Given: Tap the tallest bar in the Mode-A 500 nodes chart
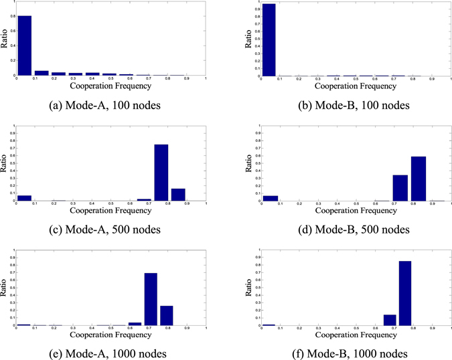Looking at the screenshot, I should point(161,173).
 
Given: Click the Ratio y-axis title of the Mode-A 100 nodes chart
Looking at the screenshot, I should point(5,41).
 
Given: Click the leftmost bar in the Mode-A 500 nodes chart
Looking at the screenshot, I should point(24,198).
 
